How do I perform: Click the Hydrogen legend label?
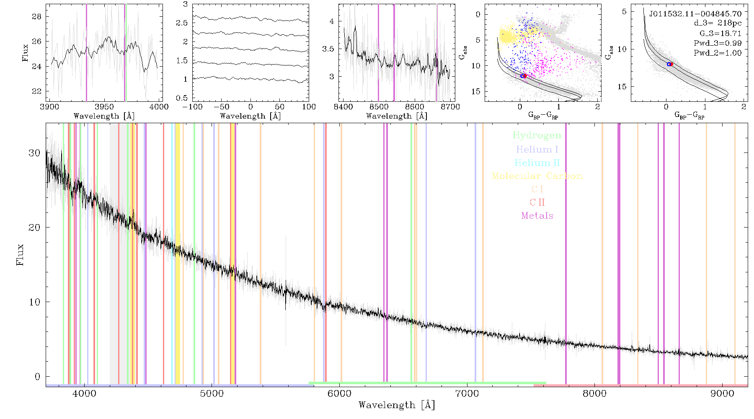537,135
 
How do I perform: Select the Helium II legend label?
537,163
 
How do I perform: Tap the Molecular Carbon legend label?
537,176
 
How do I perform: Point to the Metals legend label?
537,216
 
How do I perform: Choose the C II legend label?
537,202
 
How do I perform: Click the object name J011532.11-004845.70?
695,13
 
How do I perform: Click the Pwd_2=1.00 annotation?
718,53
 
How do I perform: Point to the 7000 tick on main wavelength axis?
467,393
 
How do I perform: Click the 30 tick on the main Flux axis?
34,153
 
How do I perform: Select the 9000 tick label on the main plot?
722,393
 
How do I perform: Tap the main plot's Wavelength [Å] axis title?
397,405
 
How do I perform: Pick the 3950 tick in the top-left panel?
104,107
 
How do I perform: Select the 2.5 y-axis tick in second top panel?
182,23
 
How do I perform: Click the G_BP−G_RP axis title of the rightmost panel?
689,114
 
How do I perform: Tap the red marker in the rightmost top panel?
671,64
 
